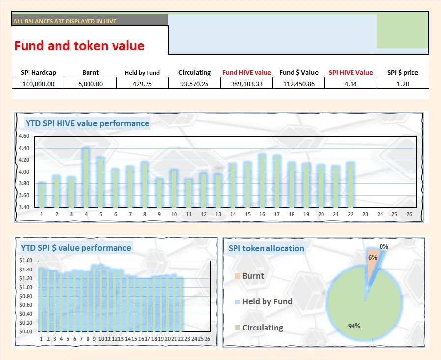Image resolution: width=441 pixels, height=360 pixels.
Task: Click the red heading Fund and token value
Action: [79, 46]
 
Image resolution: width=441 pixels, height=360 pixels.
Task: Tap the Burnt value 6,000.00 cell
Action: [90, 84]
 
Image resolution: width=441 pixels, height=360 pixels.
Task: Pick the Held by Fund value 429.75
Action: [142, 84]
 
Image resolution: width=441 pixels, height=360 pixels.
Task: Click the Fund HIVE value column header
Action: [246, 72]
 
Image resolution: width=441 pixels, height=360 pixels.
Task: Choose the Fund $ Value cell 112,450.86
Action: [299, 84]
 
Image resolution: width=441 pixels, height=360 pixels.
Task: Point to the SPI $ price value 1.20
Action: [403, 84]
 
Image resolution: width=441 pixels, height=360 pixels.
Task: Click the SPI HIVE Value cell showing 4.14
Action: [351, 84]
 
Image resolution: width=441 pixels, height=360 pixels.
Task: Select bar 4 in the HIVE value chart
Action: [86, 177]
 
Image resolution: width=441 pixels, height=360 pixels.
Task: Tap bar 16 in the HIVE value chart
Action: [262, 180]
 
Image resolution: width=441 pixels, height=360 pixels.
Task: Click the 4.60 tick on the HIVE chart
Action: [24, 136]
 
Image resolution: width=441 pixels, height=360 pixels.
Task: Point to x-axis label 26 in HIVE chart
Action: [409, 215]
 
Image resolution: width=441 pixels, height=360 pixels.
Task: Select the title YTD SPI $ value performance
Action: [76, 248]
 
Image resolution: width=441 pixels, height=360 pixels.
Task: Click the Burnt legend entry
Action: [253, 276]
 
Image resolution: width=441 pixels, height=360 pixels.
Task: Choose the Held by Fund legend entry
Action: [267, 301]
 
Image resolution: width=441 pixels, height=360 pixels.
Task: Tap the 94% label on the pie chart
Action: [354, 326]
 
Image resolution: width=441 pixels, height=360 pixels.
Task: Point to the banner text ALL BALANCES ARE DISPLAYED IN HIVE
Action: [65, 21]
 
